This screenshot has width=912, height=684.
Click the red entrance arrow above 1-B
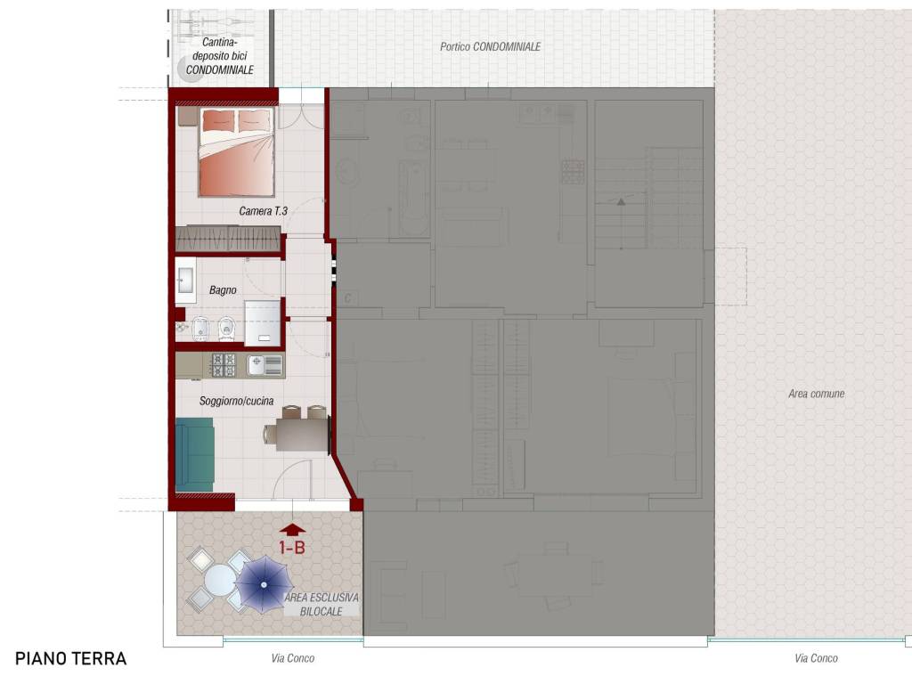point(292,529)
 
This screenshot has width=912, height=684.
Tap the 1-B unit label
point(292,548)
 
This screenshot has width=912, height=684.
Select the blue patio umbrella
point(264,584)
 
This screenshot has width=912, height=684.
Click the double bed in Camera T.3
point(237,151)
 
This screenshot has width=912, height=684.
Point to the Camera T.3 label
point(263,211)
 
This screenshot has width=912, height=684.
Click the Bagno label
point(223,289)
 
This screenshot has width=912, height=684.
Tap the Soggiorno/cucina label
point(236,401)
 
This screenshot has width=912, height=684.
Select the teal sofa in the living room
point(195,454)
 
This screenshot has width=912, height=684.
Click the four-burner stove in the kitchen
point(224,364)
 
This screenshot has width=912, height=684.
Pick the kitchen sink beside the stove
point(265,365)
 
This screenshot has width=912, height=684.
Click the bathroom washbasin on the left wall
point(185,281)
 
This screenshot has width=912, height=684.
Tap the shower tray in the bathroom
point(263,322)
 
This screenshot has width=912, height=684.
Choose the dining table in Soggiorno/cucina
point(302,435)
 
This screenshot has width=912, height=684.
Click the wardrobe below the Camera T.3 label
point(228,239)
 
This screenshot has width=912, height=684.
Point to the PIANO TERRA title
point(71,658)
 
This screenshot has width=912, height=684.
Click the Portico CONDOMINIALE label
point(491,46)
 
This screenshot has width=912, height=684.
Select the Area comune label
point(817,394)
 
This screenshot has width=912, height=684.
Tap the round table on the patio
point(220,579)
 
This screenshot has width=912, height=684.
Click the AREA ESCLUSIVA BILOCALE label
point(321,605)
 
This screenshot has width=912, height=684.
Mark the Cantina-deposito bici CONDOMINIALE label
point(220,56)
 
